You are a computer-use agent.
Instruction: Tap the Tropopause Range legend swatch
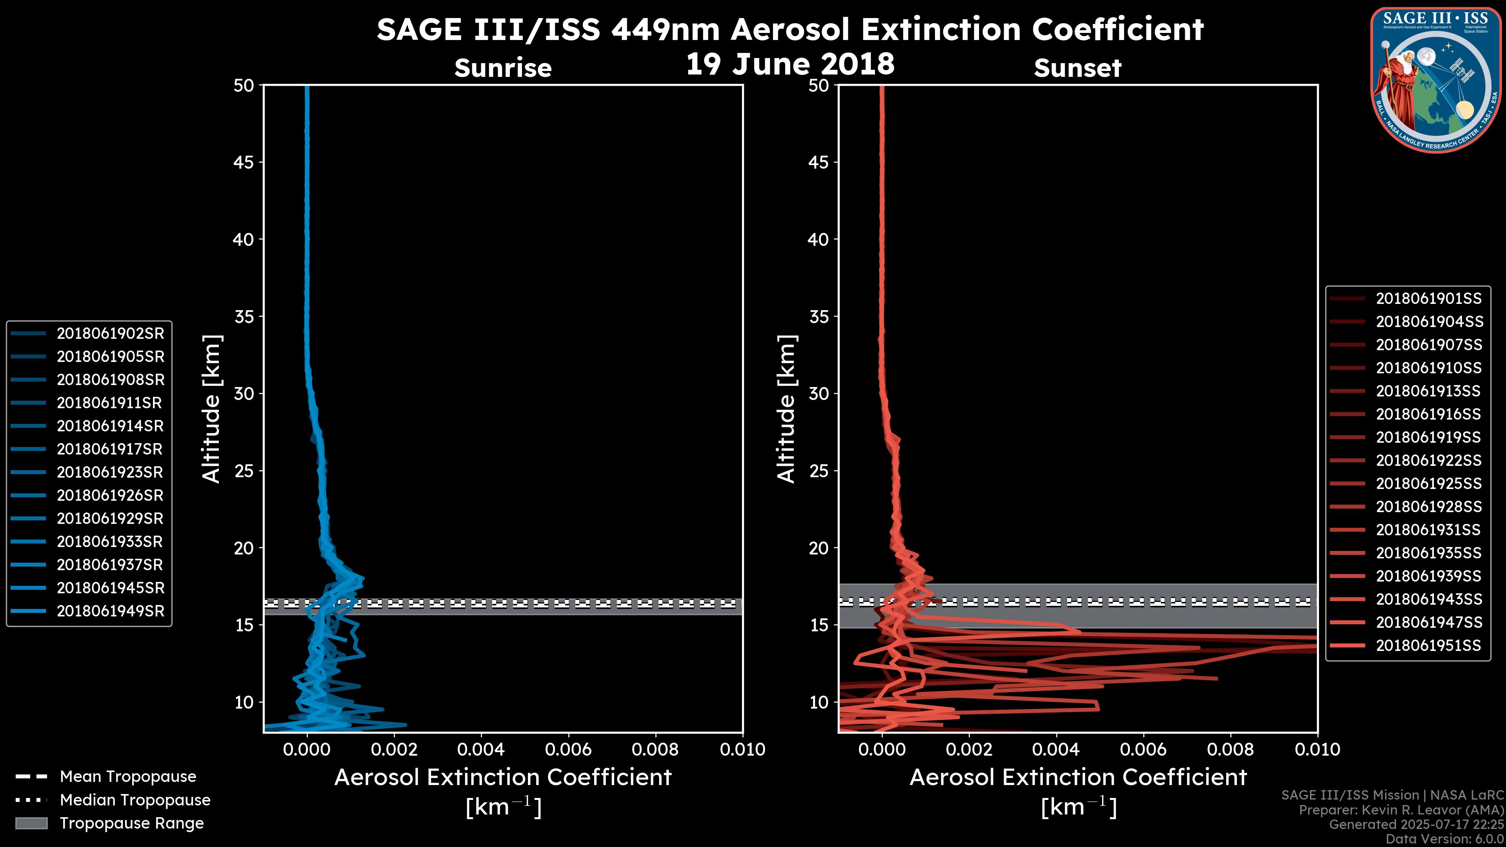(x=31, y=823)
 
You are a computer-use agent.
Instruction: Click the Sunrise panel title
(x=503, y=68)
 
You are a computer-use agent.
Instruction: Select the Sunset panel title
(x=1077, y=68)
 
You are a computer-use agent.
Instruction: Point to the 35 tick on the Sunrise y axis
(x=244, y=317)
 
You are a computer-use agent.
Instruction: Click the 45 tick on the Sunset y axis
(x=819, y=162)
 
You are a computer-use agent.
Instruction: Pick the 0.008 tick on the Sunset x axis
(x=1231, y=749)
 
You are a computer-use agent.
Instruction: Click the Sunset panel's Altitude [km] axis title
(x=786, y=409)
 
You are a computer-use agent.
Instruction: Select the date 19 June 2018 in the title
(x=790, y=64)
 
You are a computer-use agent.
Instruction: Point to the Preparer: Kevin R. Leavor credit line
(x=1401, y=810)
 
